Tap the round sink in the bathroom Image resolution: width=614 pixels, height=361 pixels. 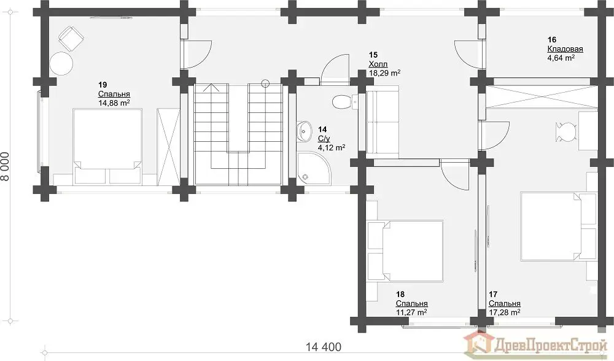click(x=304, y=131)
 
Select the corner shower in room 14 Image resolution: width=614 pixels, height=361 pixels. click(x=314, y=168)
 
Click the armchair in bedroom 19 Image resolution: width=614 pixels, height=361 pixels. click(x=71, y=38)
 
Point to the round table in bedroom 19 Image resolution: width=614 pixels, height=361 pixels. click(x=61, y=63)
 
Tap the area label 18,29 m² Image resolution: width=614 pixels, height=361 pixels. click(x=384, y=73)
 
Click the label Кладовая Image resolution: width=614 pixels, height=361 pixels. click(x=565, y=49)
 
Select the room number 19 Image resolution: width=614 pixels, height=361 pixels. click(x=103, y=85)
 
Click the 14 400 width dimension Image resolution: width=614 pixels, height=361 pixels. click(x=324, y=347)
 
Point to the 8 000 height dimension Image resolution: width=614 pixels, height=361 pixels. click(x=6, y=166)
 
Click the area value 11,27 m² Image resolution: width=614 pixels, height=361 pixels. click(x=411, y=312)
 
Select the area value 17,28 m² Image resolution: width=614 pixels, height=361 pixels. click(x=504, y=312)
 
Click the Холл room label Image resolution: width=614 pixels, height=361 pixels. click(x=378, y=64)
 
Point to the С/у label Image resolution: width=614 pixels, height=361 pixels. click(x=324, y=139)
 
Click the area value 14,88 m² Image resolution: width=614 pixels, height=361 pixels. click(x=114, y=103)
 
